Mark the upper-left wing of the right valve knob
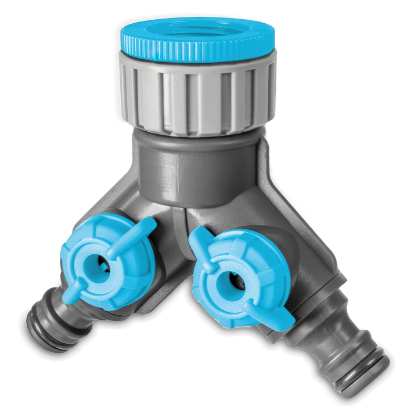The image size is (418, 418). (x=200, y=238)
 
